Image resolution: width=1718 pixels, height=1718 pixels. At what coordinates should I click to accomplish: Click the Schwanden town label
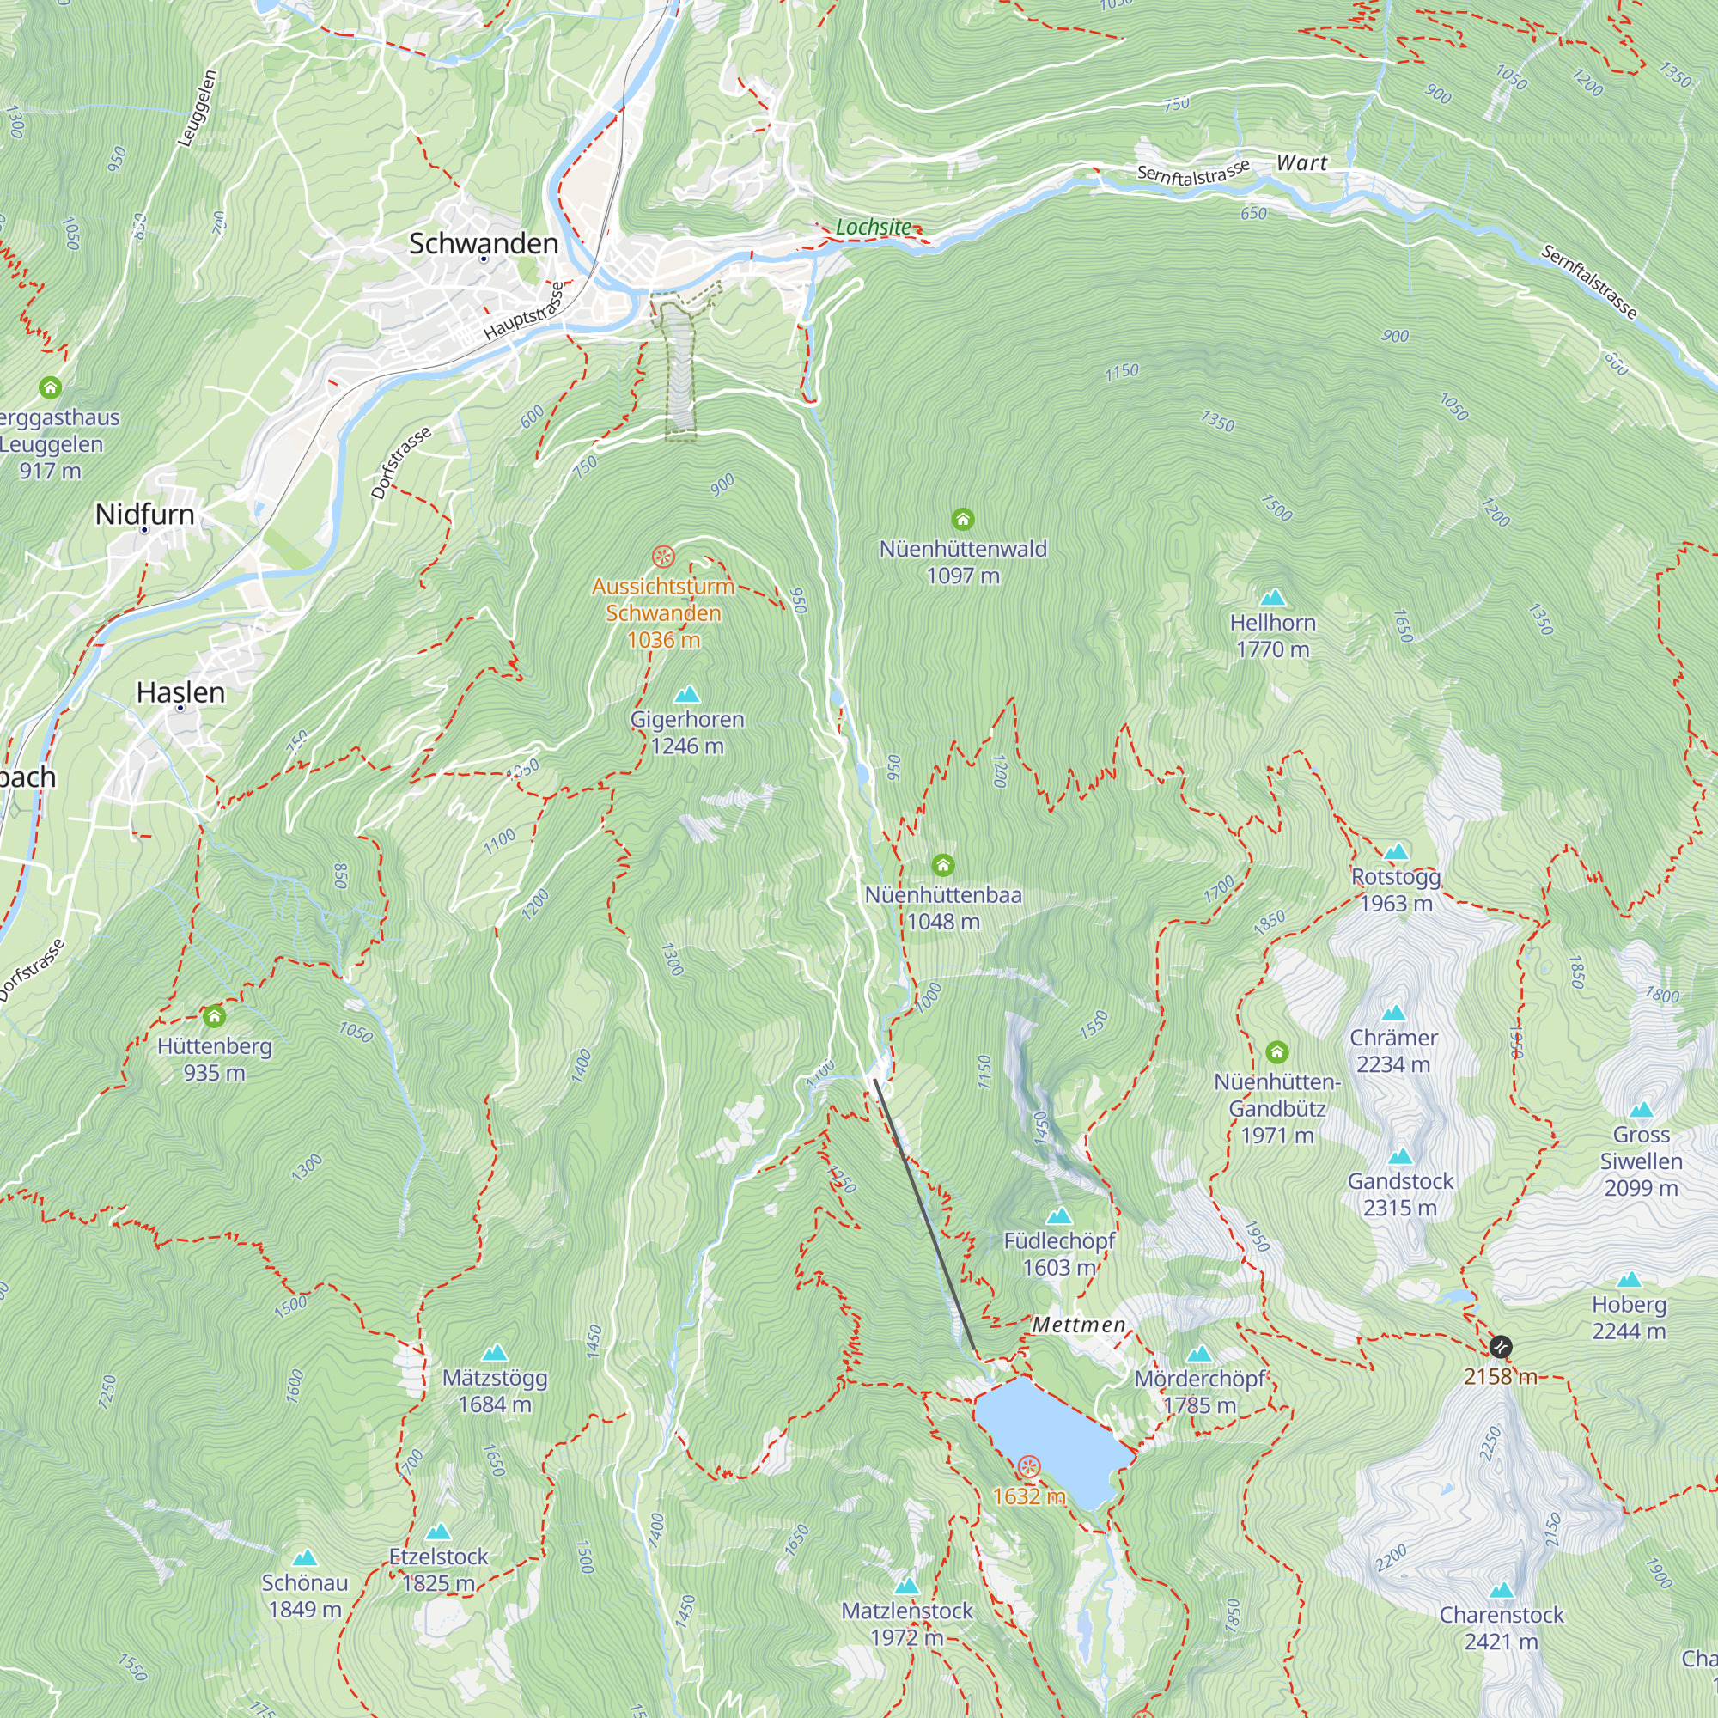(483, 243)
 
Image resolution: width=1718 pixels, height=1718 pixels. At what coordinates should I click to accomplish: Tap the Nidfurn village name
(145, 514)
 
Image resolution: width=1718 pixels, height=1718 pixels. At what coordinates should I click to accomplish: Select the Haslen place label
(180, 691)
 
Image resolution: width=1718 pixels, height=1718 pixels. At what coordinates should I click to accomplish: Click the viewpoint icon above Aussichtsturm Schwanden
(662, 557)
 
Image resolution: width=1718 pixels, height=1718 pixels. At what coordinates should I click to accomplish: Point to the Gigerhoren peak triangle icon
(687, 693)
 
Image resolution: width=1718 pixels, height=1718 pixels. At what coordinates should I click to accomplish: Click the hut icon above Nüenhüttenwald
(962, 519)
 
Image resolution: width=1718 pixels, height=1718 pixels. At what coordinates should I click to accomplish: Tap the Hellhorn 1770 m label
(1272, 636)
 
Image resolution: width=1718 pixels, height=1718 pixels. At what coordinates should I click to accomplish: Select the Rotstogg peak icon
(1396, 852)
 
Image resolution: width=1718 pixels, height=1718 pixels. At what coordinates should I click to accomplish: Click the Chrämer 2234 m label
(1393, 1051)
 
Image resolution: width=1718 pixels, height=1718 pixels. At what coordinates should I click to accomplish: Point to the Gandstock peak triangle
(1400, 1156)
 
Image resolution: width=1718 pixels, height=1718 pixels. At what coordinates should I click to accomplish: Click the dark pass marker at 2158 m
(1500, 1346)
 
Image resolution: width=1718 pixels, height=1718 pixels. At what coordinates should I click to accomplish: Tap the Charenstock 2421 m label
(1501, 1627)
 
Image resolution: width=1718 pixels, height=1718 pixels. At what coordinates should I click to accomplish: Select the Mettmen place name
(1079, 1325)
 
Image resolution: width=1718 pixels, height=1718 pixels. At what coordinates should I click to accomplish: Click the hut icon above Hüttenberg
(213, 1015)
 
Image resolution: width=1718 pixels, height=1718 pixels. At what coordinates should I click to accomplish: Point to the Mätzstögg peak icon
(495, 1354)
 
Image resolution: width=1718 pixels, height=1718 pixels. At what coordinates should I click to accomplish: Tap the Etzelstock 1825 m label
(438, 1569)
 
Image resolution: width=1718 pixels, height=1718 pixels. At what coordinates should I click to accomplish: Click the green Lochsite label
(874, 228)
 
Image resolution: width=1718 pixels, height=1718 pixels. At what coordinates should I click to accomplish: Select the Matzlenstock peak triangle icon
(906, 1586)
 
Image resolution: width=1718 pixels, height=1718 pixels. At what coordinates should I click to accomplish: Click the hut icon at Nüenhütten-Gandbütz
(1277, 1052)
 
